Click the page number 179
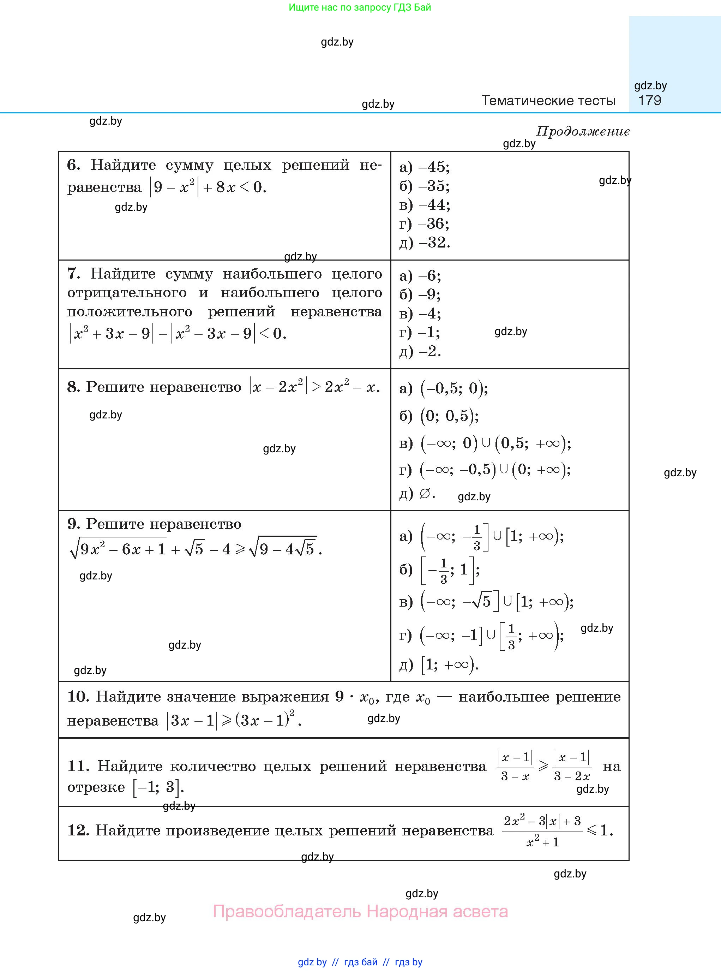point(649,100)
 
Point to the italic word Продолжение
point(583,131)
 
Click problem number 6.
point(73,165)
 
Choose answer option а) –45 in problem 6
point(424,167)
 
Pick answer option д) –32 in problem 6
point(424,242)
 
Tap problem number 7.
point(73,274)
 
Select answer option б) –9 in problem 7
point(420,295)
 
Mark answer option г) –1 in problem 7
point(419,332)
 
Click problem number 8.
point(73,387)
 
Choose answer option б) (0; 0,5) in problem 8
point(439,416)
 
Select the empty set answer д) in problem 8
point(417,494)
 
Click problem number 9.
point(73,524)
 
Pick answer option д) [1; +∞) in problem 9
point(439,665)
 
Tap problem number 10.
point(78,696)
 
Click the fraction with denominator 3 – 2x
point(572,766)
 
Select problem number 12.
point(78,830)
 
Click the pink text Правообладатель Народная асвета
point(360,911)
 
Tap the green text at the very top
point(360,7)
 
